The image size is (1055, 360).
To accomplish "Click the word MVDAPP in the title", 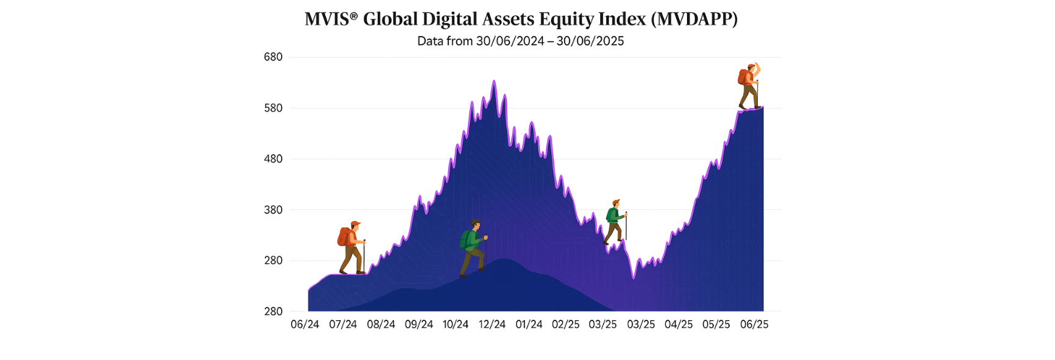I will tap(694, 19).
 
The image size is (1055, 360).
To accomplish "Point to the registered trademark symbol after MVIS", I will tap(354, 16).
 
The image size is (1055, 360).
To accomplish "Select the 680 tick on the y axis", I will tap(273, 57).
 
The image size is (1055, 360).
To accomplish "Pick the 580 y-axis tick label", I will tap(273, 108).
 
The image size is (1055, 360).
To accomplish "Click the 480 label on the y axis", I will tap(273, 159).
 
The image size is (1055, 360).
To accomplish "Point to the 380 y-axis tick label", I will tap(273, 210).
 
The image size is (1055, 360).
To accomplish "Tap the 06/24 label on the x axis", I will tap(305, 325).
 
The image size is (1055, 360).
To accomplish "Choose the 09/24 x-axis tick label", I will tap(419, 325).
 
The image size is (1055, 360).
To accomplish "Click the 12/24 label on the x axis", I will tap(492, 325).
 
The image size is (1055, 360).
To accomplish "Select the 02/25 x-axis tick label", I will tap(565, 325).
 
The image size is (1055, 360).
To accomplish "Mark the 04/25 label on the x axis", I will tap(678, 325).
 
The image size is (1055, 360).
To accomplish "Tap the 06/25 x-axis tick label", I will tap(754, 325).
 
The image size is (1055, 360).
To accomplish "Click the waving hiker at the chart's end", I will tap(749, 86).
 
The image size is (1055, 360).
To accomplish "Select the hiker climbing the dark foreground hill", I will tap(473, 248).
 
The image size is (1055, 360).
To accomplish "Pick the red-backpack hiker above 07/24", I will tap(351, 247).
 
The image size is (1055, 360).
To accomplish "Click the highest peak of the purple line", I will tap(493, 81).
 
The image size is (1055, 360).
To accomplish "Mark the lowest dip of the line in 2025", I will tap(634, 278).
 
